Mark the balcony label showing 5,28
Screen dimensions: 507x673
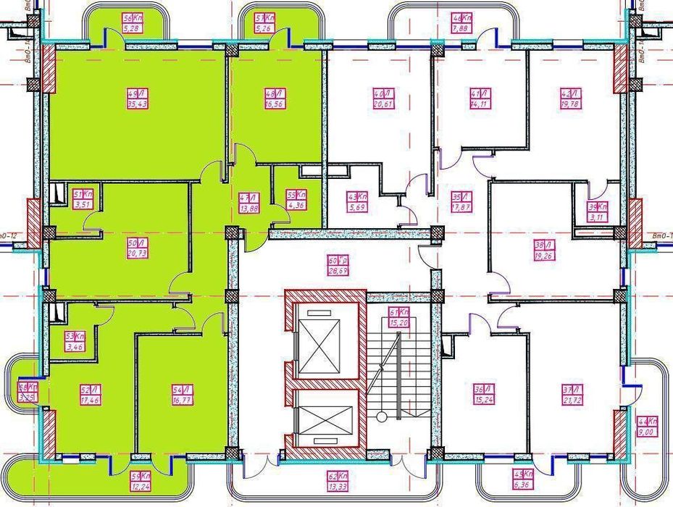131,24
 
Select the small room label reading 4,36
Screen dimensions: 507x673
296,199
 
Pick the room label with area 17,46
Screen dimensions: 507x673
90,395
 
